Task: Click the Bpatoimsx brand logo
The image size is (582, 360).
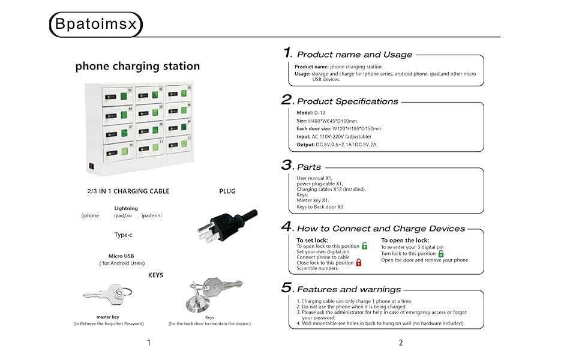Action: (x=96, y=25)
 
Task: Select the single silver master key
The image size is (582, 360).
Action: (x=107, y=293)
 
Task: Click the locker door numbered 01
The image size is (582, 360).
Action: (x=117, y=96)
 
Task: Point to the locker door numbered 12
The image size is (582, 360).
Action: (x=179, y=145)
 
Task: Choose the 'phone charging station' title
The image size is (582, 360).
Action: (x=137, y=66)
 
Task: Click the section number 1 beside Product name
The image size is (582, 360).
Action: (x=287, y=53)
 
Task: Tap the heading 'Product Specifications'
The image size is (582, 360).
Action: (x=347, y=101)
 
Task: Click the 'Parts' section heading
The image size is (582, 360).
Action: (x=309, y=167)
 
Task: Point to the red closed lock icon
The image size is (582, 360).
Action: (x=359, y=262)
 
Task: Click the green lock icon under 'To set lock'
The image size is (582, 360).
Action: (x=364, y=245)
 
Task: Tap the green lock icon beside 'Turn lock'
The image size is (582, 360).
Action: (x=441, y=253)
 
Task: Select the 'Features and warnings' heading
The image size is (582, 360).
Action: (x=349, y=289)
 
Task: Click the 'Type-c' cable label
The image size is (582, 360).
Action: (x=124, y=235)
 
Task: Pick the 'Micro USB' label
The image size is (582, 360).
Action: (x=121, y=256)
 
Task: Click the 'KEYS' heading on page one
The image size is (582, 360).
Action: (x=155, y=275)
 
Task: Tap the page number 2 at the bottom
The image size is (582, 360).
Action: (x=401, y=343)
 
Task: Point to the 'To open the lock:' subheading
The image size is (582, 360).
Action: (x=405, y=240)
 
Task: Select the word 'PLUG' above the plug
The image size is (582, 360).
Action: (x=227, y=191)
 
